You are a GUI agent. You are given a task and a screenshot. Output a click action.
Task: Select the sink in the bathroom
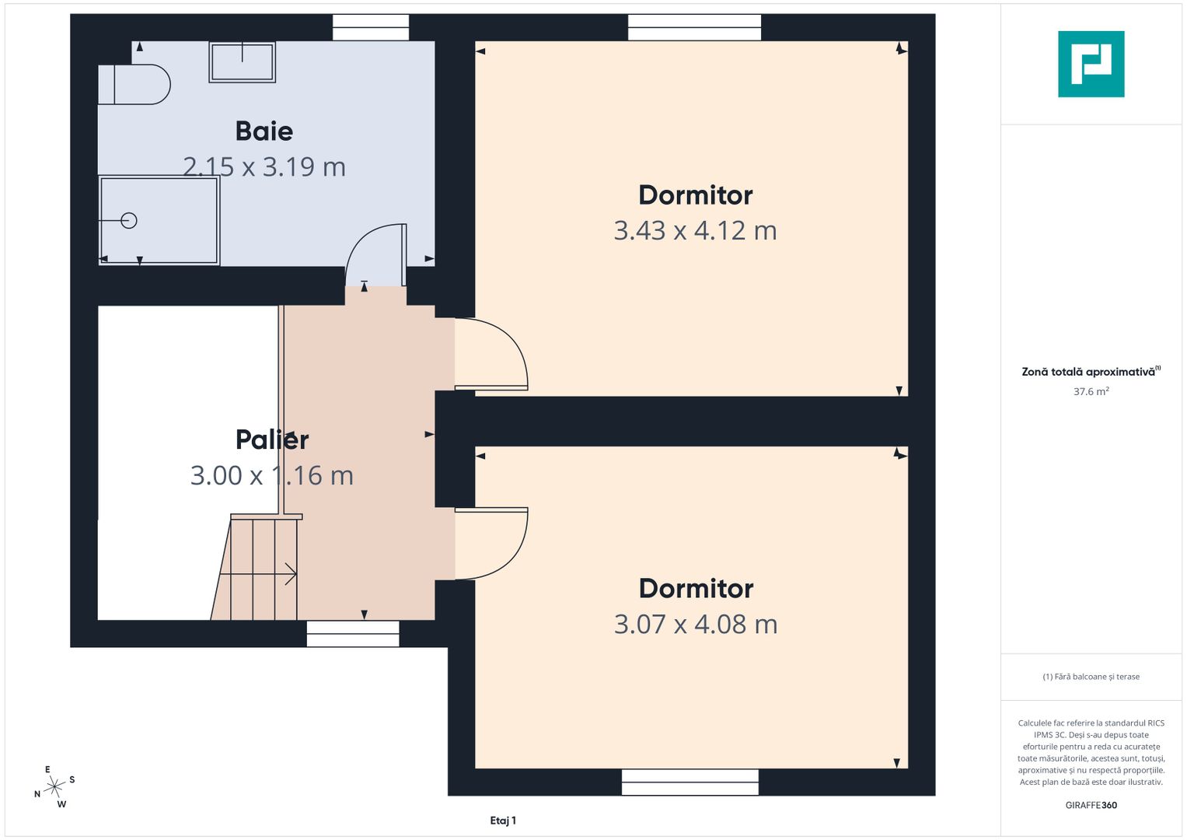(242, 62)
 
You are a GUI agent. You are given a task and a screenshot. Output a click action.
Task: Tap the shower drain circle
(129, 221)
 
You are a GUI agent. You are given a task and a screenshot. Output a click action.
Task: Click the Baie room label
(264, 131)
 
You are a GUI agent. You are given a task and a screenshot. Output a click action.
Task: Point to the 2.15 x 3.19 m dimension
(264, 167)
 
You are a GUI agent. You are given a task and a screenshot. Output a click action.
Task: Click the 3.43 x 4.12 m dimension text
(695, 231)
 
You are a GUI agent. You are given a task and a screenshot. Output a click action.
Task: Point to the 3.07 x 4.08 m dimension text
(695, 625)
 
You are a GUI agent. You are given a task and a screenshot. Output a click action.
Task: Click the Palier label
(272, 439)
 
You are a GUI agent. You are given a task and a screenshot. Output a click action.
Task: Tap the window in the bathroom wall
(371, 28)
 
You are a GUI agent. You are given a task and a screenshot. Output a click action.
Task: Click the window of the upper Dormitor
(694, 28)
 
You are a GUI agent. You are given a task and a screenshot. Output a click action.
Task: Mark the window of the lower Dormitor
(690, 782)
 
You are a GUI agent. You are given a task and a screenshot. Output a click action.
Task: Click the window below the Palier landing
(353, 634)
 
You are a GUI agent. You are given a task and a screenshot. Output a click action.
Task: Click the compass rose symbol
(54, 787)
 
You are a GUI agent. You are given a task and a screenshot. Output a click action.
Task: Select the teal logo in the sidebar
(1091, 64)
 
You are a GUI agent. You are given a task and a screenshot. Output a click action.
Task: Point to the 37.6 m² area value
(1091, 392)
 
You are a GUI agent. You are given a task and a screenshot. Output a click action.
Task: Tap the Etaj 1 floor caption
(503, 821)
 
